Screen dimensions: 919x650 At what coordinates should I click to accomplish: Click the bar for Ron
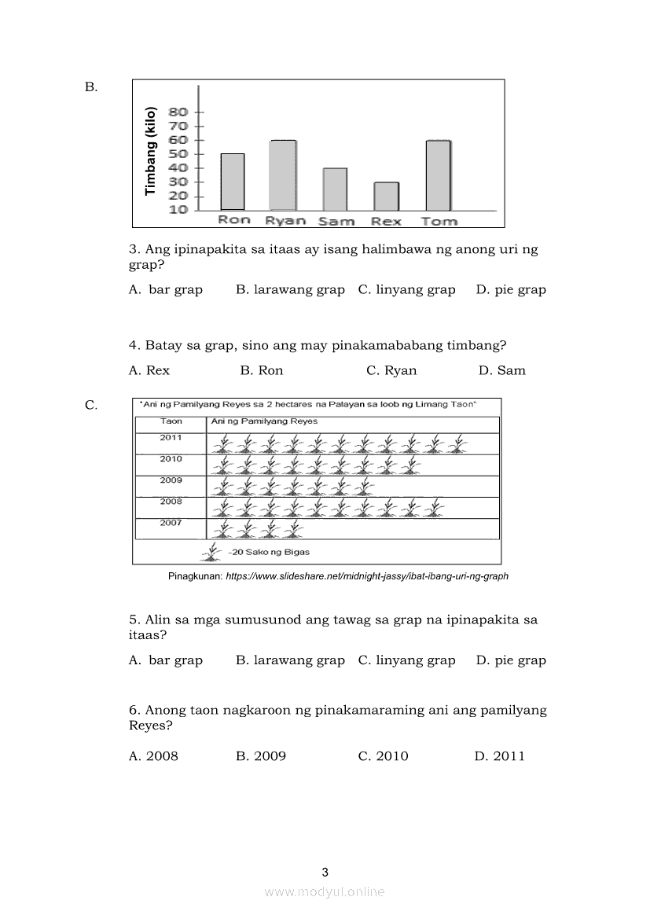click(x=232, y=182)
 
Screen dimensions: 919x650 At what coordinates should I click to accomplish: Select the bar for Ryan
click(x=282, y=175)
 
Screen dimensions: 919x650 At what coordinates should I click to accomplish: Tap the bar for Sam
click(x=335, y=189)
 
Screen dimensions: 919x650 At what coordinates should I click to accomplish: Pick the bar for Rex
click(x=386, y=196)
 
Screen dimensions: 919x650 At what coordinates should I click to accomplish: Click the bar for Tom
click(x=438, y=175)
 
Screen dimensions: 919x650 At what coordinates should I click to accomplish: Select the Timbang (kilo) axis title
click(x=151, y=152)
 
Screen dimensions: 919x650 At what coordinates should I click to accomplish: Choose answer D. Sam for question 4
click(x=501, y=370)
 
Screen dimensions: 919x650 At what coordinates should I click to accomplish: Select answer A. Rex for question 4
click(x=149, y=370)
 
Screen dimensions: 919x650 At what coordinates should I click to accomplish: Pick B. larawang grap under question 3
click(x=290, y=289)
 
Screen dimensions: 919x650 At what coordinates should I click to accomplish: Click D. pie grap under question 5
click(x=511, y=660)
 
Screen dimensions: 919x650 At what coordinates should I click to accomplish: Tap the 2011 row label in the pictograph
click(x=171, y=438)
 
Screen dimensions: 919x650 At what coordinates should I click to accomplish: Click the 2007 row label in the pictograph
click(x=171, y=523)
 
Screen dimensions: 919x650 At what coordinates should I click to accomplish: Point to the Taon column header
click(x=171, y=421)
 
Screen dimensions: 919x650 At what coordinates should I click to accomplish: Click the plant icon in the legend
click(x=211, y=553)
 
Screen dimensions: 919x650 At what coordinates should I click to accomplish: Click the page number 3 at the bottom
click(x=325, y=872)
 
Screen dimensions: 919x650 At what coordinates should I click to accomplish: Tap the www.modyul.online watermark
click(x=325, y=891)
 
